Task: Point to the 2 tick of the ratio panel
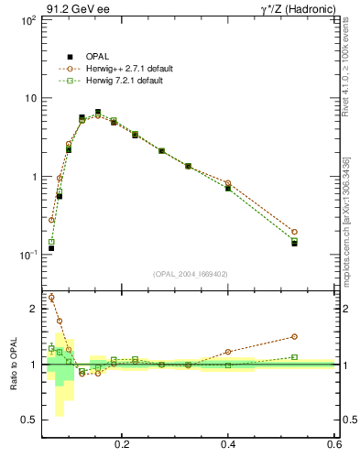point(33,310)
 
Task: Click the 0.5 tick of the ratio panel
point(29,420)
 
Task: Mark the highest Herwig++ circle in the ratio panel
point(51,297)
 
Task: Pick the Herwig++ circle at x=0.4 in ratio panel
point(228,352)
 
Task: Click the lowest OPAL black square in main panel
point(51,247)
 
